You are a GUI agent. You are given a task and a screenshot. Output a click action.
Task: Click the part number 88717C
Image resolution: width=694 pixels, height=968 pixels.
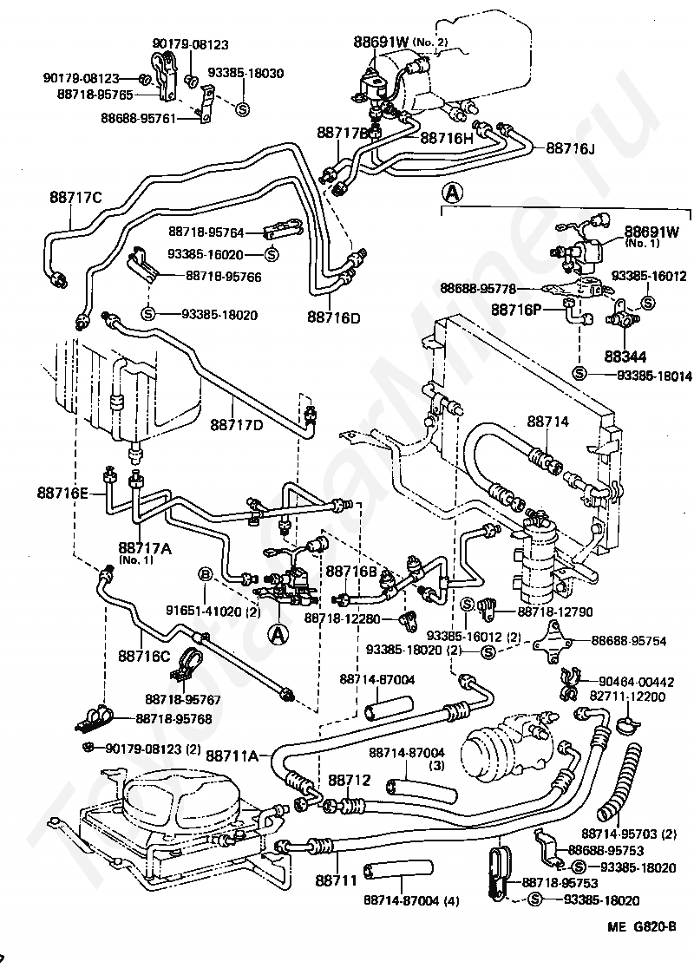tap(75, 197)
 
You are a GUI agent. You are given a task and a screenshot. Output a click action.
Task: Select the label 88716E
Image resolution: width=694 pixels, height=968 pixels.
tap(62, 492)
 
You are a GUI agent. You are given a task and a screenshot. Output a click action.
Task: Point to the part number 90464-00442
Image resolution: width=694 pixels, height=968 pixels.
tap(638, 681)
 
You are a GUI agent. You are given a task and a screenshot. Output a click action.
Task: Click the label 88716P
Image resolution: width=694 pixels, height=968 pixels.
tap(517, 309)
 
